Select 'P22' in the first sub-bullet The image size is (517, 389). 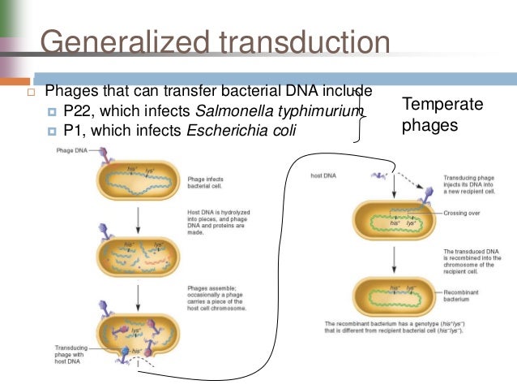point(79,110)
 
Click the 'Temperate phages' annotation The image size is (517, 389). point(442,115)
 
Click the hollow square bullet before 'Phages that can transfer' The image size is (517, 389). point(32,91)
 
